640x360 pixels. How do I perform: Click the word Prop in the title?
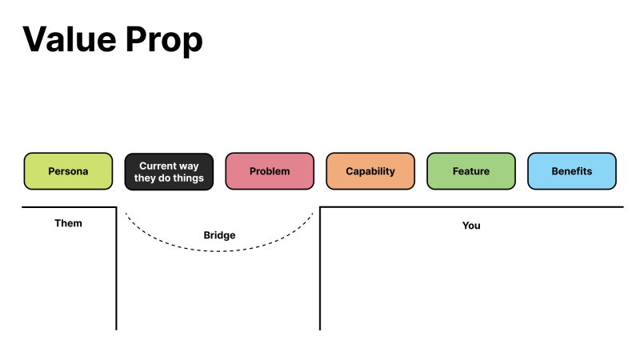pos(166,40)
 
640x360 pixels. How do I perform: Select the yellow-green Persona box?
pos(68,171)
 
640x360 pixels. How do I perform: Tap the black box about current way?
pos(169,171)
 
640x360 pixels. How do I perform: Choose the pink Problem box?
pos(270,171)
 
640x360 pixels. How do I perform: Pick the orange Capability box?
pos(370,171)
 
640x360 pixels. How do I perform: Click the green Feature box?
pos(471,171)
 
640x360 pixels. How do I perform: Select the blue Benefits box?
pos(572,171)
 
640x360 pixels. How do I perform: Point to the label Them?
pos(68,223)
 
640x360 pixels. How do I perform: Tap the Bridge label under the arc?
pos(219,236)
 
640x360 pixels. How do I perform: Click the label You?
pos(471,226)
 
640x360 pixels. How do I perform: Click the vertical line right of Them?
pos(117,272)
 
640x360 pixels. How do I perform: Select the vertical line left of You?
pos(320,272)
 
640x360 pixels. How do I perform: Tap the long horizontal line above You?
pos(480,208)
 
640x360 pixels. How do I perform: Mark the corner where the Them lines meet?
pos(117,208)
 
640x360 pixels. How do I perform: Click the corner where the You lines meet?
pos(320,208)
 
